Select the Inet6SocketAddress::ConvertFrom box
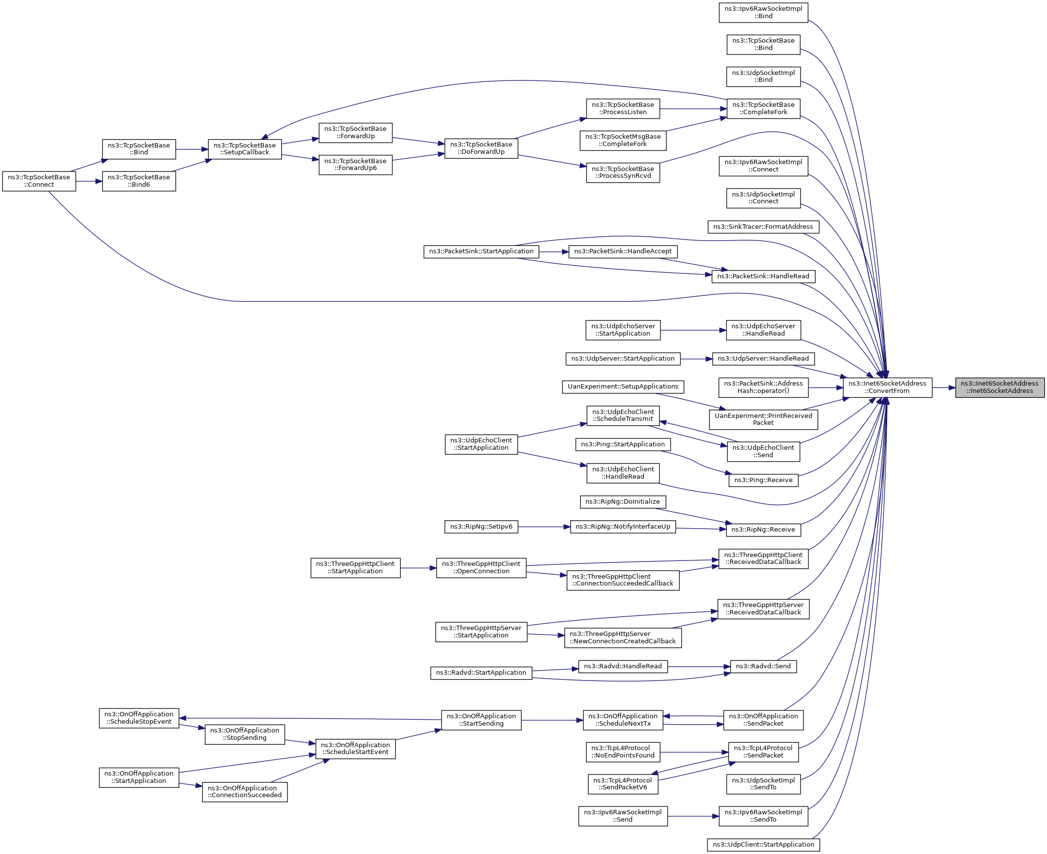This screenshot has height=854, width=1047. tap(887, 387)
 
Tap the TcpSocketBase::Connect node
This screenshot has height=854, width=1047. tap(39, 181)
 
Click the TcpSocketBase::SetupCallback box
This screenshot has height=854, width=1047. tap(244, 148)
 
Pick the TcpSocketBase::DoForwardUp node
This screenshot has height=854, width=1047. tap(481, 148)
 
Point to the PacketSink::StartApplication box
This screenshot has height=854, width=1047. tap(481, 251)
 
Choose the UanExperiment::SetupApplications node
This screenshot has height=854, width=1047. tap(623, 387)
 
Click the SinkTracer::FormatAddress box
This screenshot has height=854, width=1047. tap(763, 227)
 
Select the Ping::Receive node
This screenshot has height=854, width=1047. tap(763, 480)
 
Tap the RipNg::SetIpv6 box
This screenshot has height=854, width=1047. tap(481, 527)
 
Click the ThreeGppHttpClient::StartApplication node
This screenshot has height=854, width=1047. tap(355, 568)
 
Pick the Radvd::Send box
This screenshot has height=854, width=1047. tap(763, 666)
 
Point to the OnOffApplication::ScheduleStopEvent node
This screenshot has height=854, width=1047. tap(139, 718)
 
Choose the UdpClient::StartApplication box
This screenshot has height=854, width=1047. tap(763, 845)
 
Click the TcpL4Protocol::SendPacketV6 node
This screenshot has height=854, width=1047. tap(622, 784)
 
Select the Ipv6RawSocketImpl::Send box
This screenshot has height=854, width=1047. tap(623, 816)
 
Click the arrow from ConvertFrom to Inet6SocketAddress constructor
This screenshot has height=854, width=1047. tap(943, 388)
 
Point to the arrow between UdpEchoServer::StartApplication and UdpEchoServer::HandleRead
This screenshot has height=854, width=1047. tap(693, 330)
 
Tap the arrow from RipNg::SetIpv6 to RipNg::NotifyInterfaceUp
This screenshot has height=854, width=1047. tap(543, 527)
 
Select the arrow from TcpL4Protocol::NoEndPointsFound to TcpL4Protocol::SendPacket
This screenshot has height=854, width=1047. tap(693, 752)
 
